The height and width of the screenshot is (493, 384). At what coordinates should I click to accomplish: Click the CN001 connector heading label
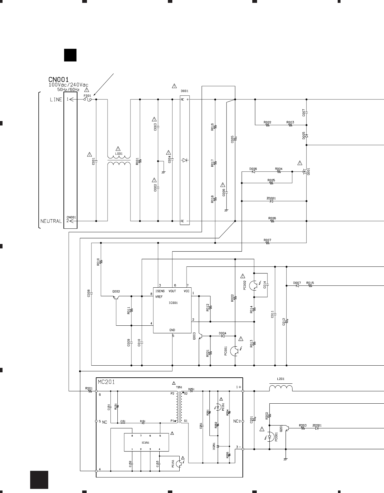59,79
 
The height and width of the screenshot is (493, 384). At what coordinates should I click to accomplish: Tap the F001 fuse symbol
87,99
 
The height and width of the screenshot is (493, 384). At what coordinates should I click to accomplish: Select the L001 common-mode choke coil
119,160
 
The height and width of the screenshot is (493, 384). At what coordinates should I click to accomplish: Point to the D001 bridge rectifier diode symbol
185,160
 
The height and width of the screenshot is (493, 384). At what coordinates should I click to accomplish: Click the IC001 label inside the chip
173,303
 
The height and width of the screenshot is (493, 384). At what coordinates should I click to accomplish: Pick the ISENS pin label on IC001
160,291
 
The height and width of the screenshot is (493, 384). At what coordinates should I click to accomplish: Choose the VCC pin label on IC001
187,291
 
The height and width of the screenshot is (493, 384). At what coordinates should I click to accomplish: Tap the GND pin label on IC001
172,330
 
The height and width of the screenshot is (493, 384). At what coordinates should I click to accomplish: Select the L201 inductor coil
281,388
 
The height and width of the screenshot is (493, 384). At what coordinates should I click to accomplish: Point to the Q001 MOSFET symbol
305,171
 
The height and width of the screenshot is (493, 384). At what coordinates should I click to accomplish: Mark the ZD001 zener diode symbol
271,201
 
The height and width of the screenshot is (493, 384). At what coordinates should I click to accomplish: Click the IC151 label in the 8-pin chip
146,443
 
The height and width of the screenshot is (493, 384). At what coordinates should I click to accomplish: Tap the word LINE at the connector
56,99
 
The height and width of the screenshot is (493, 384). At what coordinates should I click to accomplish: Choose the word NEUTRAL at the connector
51,221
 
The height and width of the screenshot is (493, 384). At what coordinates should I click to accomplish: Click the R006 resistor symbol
272,221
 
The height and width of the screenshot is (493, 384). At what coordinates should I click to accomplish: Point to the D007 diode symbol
297,286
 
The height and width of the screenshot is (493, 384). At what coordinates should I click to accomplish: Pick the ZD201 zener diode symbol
317,428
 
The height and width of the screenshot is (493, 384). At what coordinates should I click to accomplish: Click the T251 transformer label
179,387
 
